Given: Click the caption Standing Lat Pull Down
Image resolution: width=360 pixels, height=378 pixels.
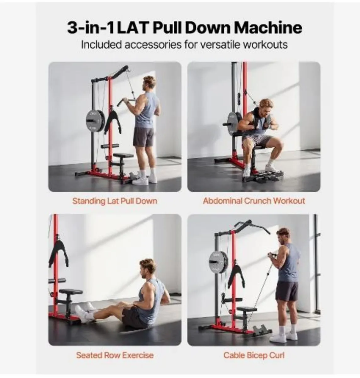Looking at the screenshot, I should [115, 201].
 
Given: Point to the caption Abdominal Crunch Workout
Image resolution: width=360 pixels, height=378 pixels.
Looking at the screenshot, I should [254, 201].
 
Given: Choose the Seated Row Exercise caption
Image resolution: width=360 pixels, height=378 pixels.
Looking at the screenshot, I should [115, 355].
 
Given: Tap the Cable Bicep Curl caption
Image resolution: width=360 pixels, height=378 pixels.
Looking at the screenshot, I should [254, 355].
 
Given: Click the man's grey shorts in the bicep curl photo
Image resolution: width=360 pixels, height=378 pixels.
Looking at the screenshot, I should [286, 291].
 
